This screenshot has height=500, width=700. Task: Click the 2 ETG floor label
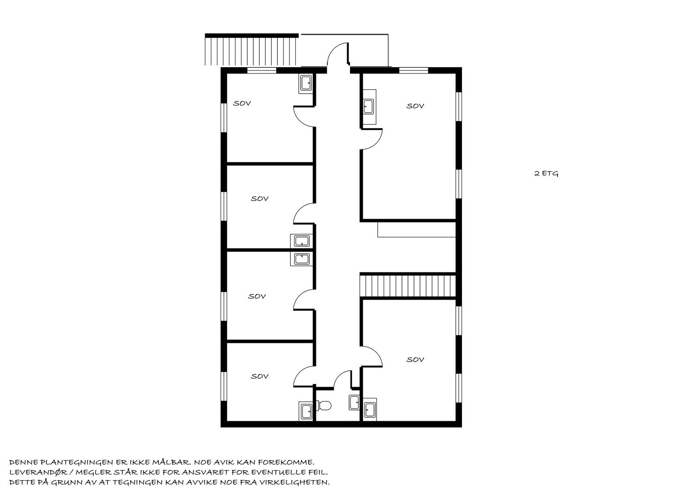pos(546,174)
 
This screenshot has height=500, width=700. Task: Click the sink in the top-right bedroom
pos(368,106)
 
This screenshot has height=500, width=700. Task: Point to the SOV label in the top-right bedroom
pos(415,106)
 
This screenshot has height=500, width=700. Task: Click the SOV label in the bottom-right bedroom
pos(415,360)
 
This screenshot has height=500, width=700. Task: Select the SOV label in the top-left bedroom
pos(242,104)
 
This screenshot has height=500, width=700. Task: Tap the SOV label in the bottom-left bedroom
pos(259,376)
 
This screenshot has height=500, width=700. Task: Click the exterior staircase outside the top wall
pos(251,51)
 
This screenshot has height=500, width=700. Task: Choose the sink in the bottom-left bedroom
pos(306,411)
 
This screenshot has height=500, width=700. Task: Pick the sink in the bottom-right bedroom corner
pos(370,410)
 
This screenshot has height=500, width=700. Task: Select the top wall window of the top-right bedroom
pos(413,70)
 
